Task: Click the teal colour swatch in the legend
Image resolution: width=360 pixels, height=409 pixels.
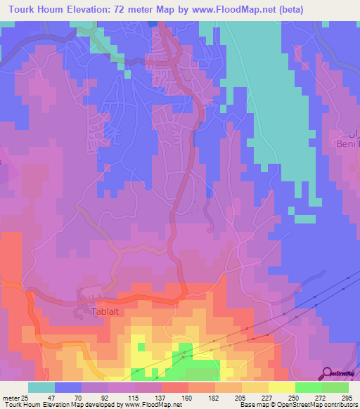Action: (x=41, y=387)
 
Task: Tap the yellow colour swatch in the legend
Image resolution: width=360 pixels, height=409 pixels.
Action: (x=282, y=387)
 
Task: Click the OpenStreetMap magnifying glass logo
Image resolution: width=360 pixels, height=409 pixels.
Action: (x=328, y=373)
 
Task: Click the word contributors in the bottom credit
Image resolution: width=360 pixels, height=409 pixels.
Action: (x=336, y=404)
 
